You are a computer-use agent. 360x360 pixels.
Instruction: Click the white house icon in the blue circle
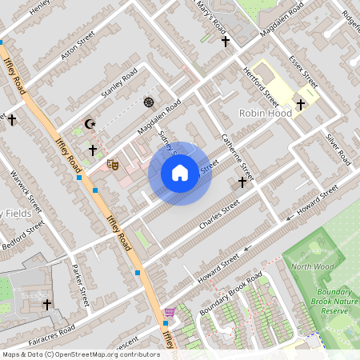(180, 173)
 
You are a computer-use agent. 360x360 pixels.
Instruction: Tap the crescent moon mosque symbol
(90, 125)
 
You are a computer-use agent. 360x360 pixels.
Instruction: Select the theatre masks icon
(113, 164)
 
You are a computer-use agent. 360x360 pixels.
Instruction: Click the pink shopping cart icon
(169, 312)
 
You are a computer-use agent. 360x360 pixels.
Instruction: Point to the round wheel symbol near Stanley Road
(148, 102)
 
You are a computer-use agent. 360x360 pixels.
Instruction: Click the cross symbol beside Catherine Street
(242, 183)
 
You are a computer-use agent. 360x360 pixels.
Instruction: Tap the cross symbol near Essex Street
(301, 104)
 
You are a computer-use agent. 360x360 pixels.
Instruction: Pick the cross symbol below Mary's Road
(226, 40)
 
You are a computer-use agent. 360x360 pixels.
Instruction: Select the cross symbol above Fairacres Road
(46, 304)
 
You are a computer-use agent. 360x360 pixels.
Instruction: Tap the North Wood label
(312, 266)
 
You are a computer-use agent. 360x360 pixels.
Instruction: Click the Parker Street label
(79, 286)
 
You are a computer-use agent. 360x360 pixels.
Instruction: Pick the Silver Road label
(338, 150)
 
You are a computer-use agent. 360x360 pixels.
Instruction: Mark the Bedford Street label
(22, 234)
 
